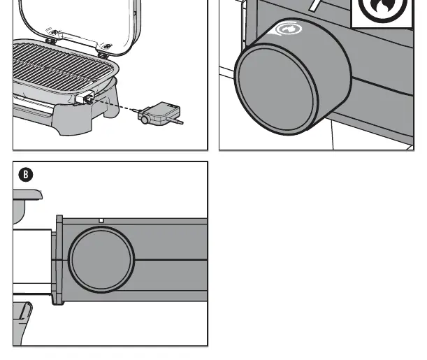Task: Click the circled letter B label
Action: [x=26, y=175]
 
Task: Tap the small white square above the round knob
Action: [x=101, y=221]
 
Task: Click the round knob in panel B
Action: [x=101, y=259]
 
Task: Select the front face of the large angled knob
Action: [x=276, y=89]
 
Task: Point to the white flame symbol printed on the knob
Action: [x=289, y=29]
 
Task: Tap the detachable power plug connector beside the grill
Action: [x=159, y=113]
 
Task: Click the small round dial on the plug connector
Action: [x=145, y=120]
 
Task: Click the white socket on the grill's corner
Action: [x=85, y=96]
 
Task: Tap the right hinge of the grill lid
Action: [x=105, y=48]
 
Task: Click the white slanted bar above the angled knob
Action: [x=315, y=5]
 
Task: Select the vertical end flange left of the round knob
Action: [x=59, y=259]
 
